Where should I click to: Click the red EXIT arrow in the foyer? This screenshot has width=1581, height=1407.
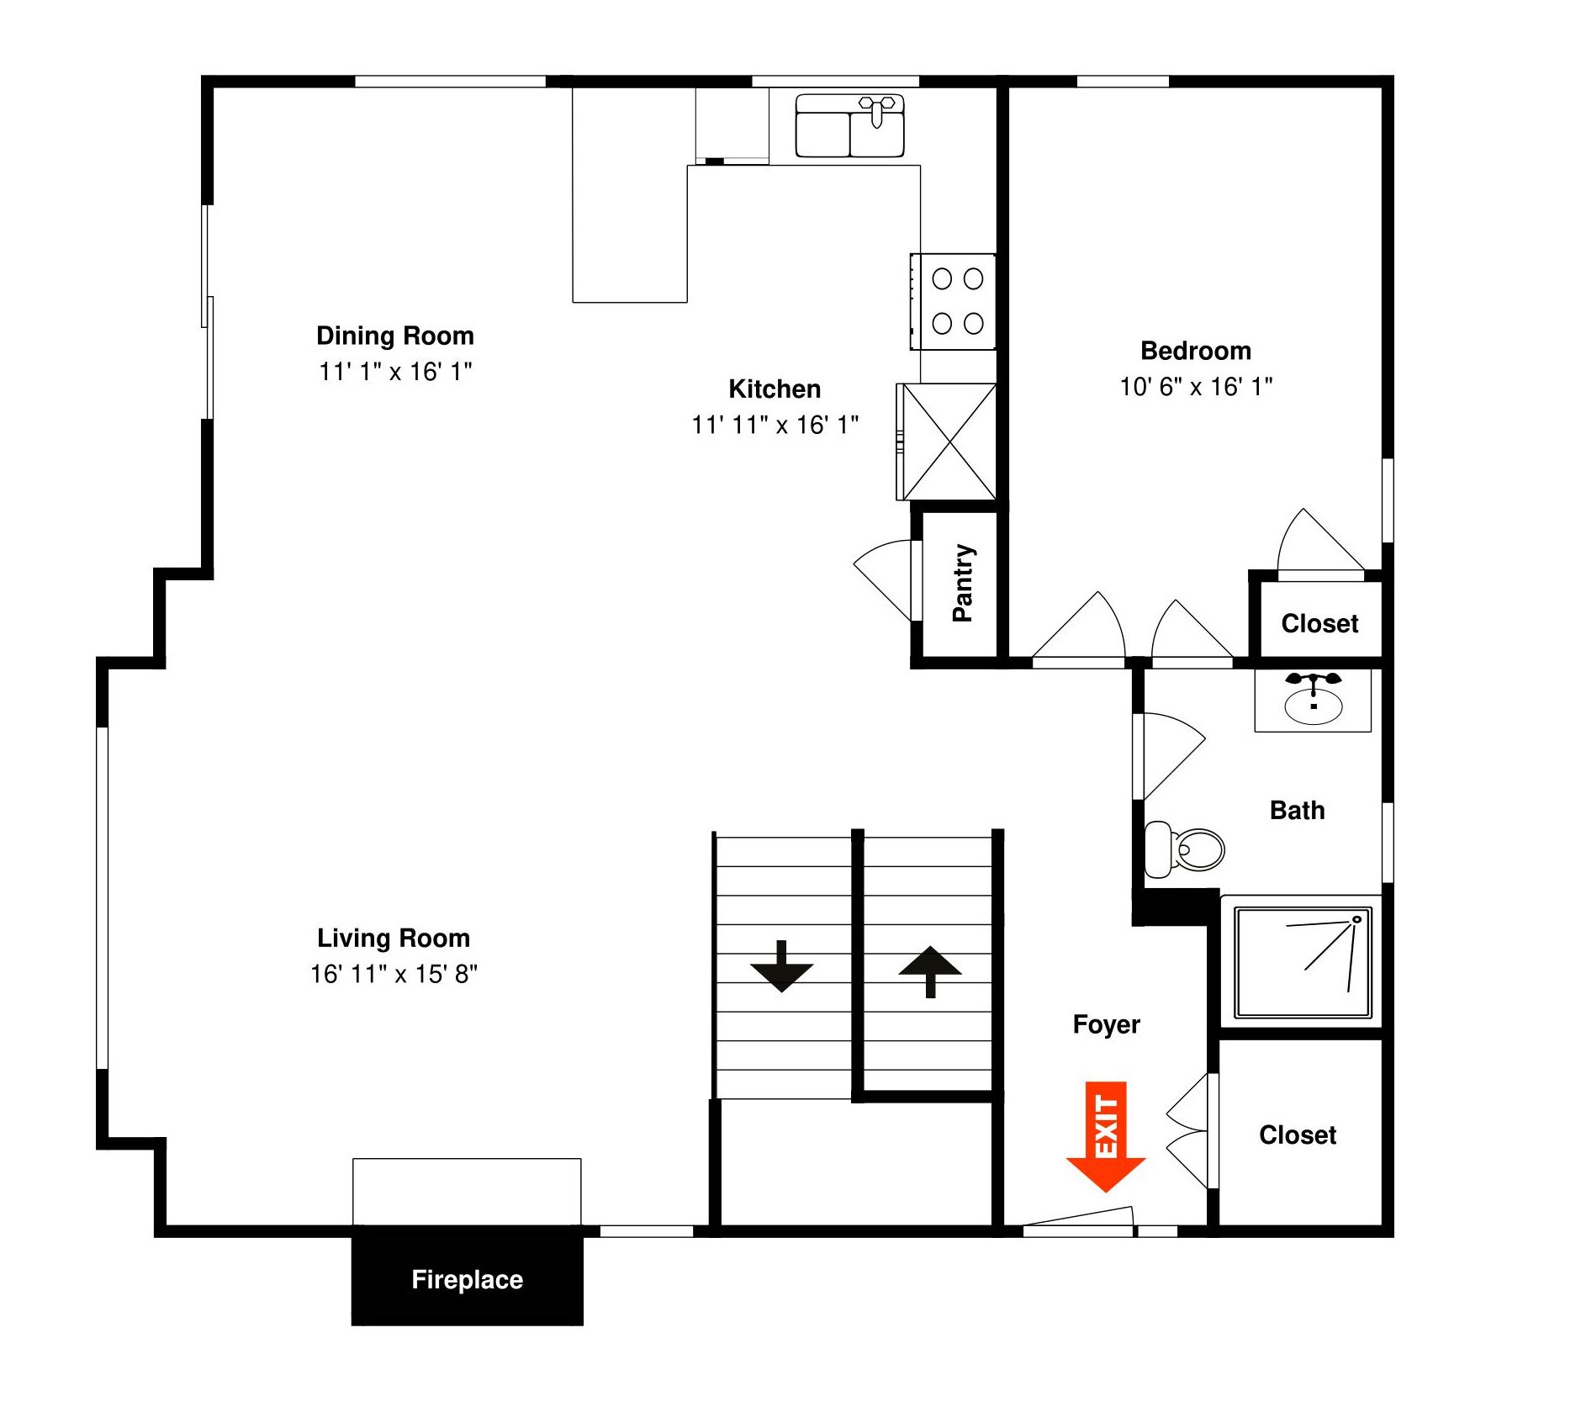tap(1105, 1136)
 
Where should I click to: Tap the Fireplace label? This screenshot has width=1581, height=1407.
tap(467, 1279)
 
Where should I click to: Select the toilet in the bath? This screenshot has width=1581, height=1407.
tap(1184, 849)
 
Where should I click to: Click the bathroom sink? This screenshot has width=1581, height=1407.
tap(1313, 700)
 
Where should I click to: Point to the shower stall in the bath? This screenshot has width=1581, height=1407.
tap(1303, 962)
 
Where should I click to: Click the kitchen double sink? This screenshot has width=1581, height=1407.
tap(849, 125)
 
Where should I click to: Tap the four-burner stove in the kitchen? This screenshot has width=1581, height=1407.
tap(954, 301)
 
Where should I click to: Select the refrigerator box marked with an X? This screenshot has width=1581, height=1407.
tap(947, 442)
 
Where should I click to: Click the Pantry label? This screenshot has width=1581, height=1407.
tap(962, 582)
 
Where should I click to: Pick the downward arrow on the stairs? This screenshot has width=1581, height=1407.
tap(781, 966)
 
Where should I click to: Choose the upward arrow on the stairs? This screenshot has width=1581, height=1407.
tap(930, 971)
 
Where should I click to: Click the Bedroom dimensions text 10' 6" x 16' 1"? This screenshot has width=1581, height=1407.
tap(1195, 387)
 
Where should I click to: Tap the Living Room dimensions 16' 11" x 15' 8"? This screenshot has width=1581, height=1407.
tap(394, 974)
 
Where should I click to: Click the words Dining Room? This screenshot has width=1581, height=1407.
tap(395, 336)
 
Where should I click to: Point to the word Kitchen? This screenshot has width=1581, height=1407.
tap(775, 389)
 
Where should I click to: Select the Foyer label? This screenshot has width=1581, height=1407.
tap(1106, 1024)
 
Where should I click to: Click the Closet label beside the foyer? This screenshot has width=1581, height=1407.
tap(1298, 1135)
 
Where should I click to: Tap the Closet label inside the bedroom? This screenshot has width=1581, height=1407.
tap(1319, 623)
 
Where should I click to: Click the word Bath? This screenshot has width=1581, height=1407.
tap(1297, 810)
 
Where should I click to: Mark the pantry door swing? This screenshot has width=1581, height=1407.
tap(882, 580)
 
